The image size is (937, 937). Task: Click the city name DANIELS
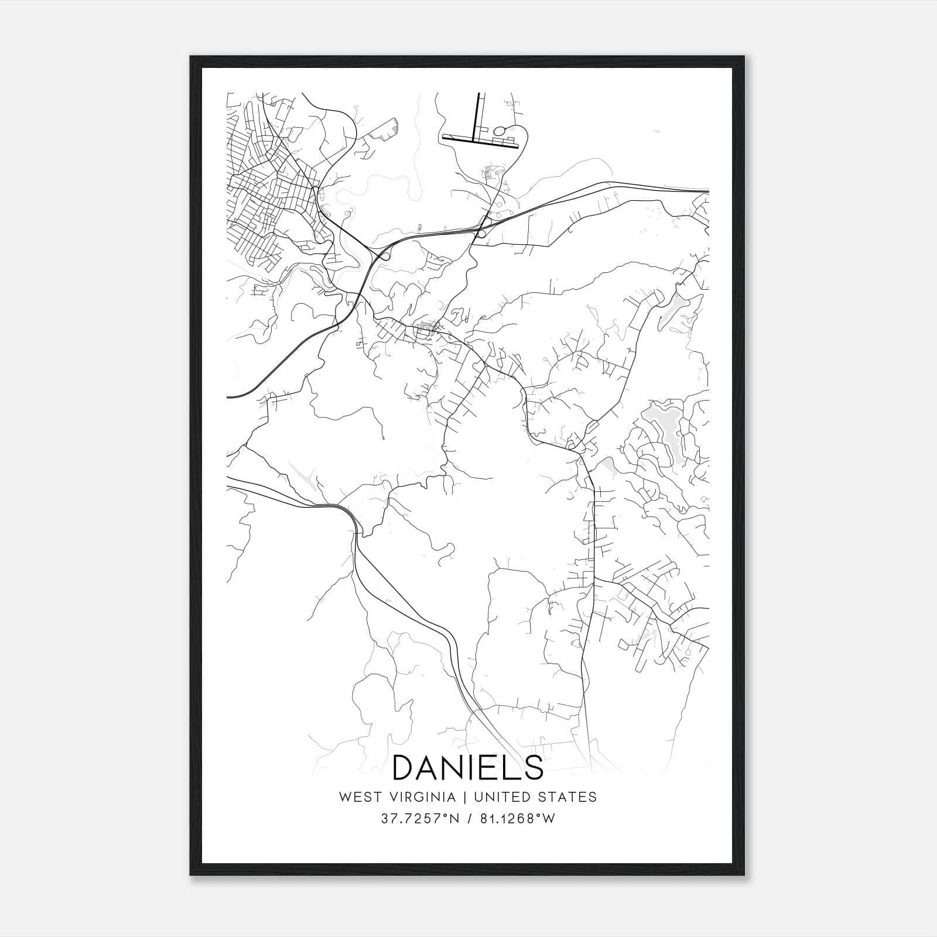(x=467, y=767)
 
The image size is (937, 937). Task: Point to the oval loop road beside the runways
(x=502, y=130)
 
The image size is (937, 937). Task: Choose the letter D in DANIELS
(x=405, y=767)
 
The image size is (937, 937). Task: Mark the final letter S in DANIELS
(x=533, y=767)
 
